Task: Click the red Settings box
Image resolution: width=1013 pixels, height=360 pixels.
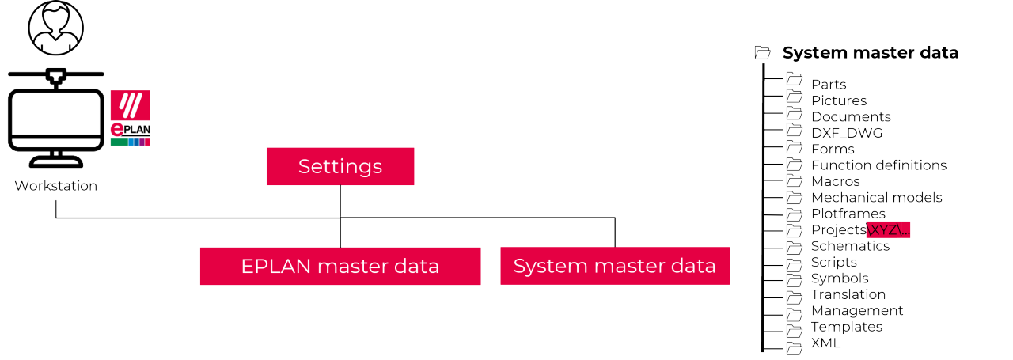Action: [x=340, y=167]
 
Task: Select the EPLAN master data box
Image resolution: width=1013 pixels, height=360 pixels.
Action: [x=340, y=266]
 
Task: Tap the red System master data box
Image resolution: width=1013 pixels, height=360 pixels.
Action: [x=614, y=266]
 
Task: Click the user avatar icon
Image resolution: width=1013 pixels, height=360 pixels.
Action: [x=55, y=28]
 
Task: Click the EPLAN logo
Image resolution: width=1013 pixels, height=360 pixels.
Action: [x=131, y=118]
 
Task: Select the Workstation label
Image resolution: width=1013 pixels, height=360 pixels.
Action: [x=55, y=186]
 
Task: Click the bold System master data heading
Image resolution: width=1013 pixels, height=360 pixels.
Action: [x=870, y=53]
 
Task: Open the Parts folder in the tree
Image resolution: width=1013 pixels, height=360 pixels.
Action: [x=828, y=85]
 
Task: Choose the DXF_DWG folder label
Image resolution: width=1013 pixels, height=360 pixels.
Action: [x=846, y=133]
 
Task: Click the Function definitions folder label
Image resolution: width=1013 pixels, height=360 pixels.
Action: [x=878, y=165]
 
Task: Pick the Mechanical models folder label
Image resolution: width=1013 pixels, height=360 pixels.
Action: [x=876, y=198]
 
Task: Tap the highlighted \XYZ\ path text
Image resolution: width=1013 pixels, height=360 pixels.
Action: [x=889, y=230]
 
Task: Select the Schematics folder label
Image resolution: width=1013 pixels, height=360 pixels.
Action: [x=850, y=246]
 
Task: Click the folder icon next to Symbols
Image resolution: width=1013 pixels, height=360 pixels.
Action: [x=795, y=279]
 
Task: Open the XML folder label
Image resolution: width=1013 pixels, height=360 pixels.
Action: [x=825, y=343]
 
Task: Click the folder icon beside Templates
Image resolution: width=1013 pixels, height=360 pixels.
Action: [x=795, y=328]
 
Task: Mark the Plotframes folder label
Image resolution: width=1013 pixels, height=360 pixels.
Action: [x=848, y=214]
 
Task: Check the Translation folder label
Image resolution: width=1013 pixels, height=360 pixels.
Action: [x=848, y=294]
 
